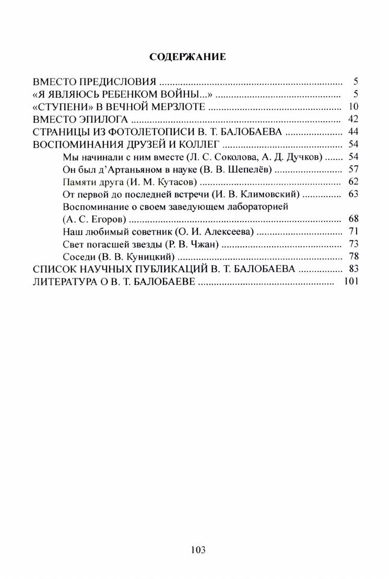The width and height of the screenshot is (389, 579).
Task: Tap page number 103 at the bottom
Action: [x=198, y=550]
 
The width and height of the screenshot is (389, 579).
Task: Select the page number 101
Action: [x=351, y=282]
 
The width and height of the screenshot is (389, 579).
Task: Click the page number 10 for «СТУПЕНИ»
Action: [x=352, y=107]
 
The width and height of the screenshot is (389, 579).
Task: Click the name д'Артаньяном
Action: [x=124, y=170]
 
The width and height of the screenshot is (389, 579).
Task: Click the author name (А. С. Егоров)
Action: [x=94, y=219]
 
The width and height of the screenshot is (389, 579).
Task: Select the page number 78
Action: [x=352, y=257]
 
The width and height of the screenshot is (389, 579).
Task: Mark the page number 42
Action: [x=352, y=120]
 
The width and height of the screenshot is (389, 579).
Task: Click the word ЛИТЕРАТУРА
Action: [x=66, y=282]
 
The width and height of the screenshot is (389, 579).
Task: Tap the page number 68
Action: [x=352, y=219]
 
